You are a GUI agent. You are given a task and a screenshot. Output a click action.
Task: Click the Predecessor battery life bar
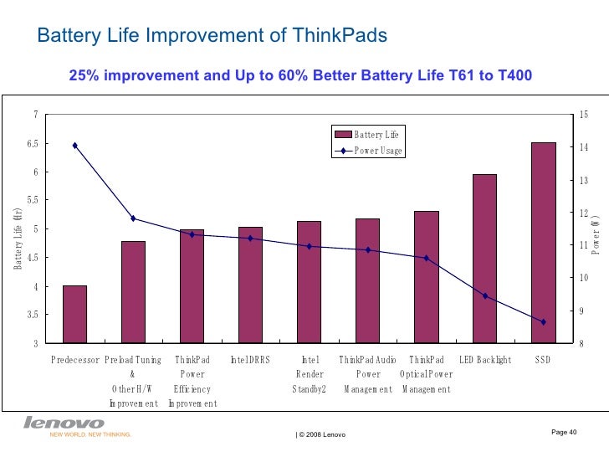click(x=74, y=314)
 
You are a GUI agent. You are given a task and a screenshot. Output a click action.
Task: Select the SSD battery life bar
click(x=543, y=243)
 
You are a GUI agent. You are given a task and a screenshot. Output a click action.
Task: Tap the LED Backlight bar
click(x=484, y=259)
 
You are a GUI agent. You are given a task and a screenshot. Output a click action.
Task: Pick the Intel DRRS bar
click(x=250, y=285)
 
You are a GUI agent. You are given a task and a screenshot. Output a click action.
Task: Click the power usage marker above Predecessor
click(x=74, y=146)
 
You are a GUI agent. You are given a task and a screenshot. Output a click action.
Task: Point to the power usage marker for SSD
click(x=543, y=322)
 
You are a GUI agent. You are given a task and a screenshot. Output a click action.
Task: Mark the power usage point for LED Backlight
click(x=484, y=296)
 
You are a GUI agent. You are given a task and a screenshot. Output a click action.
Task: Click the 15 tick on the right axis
click(x=584, y=115)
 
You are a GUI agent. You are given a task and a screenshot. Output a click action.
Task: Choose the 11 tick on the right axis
click(x=584, y=245)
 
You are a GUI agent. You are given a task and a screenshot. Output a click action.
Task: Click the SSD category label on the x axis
click(x=543, y=360)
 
